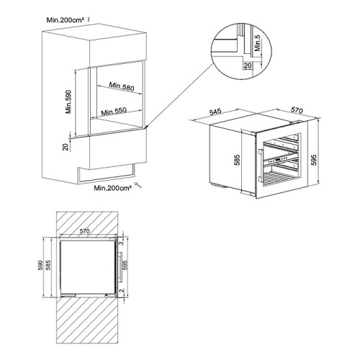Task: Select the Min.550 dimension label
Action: (x=114, y=112)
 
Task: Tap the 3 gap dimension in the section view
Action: (x=123, y=243)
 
